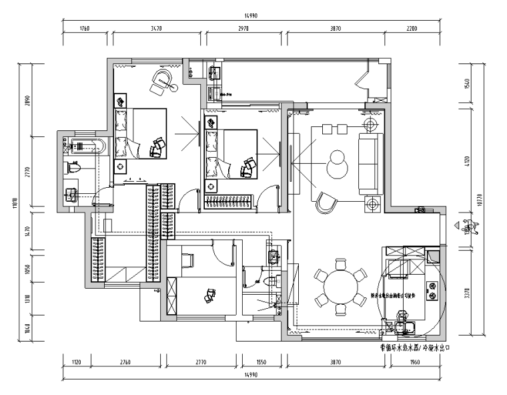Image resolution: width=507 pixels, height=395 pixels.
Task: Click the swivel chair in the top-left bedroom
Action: point(162,81)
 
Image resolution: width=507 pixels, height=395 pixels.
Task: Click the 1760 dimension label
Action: point(85,28)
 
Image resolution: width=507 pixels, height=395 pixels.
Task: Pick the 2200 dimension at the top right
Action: point(412,28)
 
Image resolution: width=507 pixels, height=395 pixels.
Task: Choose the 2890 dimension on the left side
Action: point(27,100)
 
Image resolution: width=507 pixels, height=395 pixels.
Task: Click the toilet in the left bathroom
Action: point(73,169)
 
